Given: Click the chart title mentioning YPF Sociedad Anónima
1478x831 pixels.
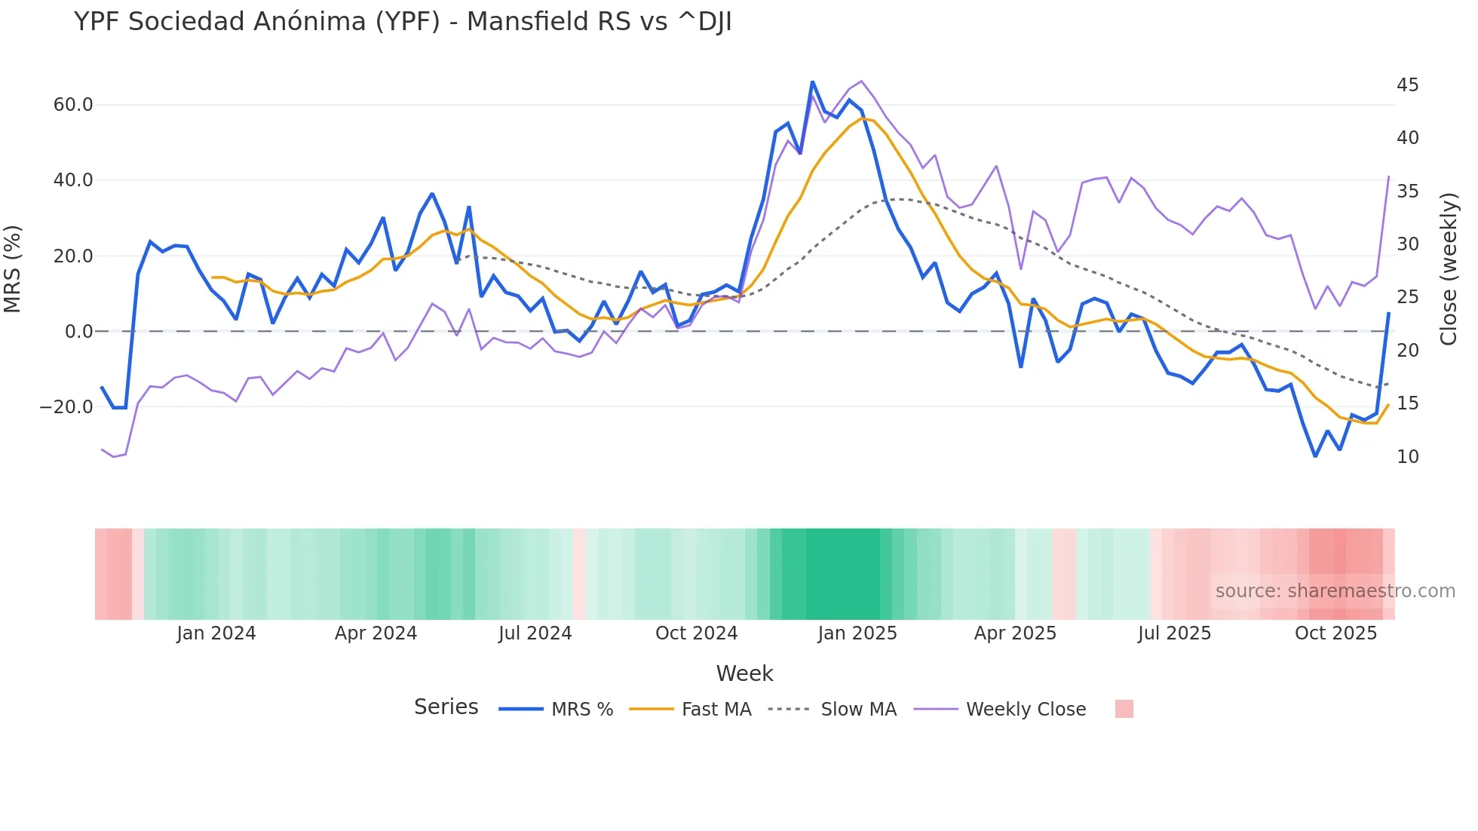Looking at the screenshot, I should click(x=403, y=22).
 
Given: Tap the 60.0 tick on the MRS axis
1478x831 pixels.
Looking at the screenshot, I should click(x=73, y=105).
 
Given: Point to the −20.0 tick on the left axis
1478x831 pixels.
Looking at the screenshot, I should click(x=66, y=407).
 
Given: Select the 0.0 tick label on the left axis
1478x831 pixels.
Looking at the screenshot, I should click(x=78, y=332).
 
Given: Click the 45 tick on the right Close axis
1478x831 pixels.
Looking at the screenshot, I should click(x=1407, y=85).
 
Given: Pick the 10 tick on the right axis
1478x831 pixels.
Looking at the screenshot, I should click(x=1407, y=457).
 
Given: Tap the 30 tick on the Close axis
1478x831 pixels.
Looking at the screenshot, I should click(x=1407, y=244).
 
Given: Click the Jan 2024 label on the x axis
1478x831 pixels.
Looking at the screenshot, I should click(x=216, y=633).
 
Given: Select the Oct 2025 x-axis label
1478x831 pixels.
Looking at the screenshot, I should click(x=1335, y=633).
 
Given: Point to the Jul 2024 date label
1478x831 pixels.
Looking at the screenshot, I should click(x=535, y=633).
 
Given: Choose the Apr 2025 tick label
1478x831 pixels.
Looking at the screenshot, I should click(x=1015, y=633).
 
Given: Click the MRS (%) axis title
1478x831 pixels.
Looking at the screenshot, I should click(x=13, y=268).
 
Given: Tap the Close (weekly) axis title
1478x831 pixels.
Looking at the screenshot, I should click(x=1449, y=268).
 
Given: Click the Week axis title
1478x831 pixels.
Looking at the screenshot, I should click(x=744, y=673).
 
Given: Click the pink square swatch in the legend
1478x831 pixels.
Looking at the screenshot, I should click(x=1124, y=709).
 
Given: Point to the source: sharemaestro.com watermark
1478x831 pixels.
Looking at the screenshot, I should click(x=1335, y=591).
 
